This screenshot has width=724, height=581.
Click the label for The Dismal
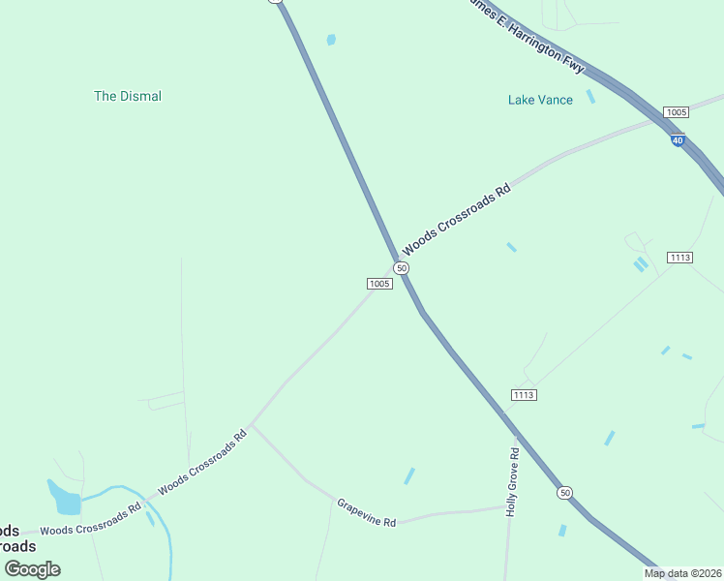(x=128, y=96)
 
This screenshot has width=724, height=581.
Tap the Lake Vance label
(x=540, y=100)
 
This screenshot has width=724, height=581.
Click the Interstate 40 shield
(x=678, y=140)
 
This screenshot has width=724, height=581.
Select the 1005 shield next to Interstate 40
(x=677, y=112)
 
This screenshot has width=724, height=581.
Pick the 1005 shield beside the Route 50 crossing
(x=379, y=284)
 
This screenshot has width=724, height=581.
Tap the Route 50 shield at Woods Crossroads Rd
(x=402, y=267)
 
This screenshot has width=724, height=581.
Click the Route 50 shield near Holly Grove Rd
(x=564, y=493)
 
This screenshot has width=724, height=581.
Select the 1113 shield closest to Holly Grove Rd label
(x=524, y=394)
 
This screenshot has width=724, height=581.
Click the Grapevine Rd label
(x=367, y=512)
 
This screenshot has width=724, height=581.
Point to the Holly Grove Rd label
(x=513, y=481)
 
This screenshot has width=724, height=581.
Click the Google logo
(x=32, y=569)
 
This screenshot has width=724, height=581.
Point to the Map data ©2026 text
(x=682, y=573)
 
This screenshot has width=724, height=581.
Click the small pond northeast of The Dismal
(x=331, y=40)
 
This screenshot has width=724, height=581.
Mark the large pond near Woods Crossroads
(x=66, y=501)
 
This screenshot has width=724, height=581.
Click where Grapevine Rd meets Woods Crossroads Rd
(x=251, y=424)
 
